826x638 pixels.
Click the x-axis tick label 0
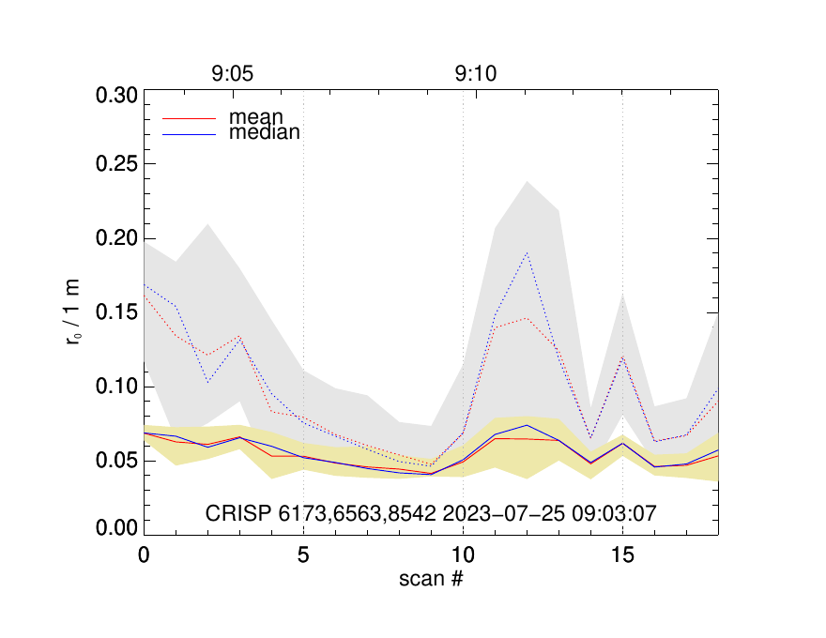pyautogui.click(x=144, y=555)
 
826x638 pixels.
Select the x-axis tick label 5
pyautogui.click(x=303, y=555)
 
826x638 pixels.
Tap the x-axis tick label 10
pyautogui.click(x=463, y=555)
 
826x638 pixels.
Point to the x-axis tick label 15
pyautogui.click(x=622, y=555)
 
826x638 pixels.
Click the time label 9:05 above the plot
pyautogui.click(x=232, y=73)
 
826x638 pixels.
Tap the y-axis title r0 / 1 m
pyautogui.click(x=74, y=313)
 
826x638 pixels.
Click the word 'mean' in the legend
pyautogui.click(x=250, y=118)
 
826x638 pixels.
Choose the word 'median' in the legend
pyautogui.click(x=265, y=133)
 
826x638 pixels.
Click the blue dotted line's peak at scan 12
pyautogui.click(x=527, y=252)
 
